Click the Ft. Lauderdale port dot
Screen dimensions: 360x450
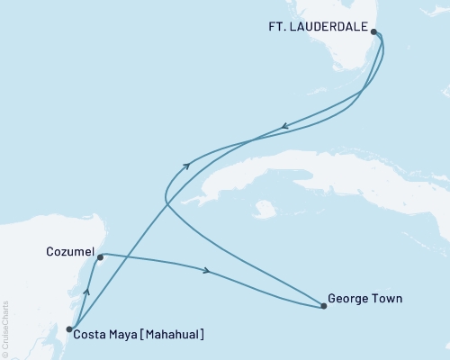[374, 31]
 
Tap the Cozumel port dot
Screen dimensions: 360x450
[100, 257]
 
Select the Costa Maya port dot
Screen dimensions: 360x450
[69, 329]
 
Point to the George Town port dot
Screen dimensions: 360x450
[324, 307]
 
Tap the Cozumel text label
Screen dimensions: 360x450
[70, 254]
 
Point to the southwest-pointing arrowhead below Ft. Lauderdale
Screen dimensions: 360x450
[285, 127]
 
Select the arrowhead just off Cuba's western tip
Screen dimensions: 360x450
[186, 165]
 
